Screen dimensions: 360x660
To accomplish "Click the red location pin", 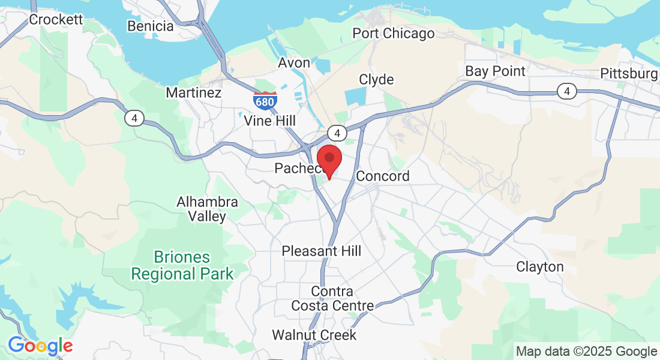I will tap(329, 159).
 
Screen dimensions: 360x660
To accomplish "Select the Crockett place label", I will tap(56, 20).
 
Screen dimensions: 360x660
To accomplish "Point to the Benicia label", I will tap(151, 26).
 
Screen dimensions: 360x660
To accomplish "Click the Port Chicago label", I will tap(393, 34).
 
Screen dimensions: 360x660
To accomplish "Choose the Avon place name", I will tap(294, 63).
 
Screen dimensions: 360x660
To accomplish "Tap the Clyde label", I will tap(376, 80).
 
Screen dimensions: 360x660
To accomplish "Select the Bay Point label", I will tap(495, 71).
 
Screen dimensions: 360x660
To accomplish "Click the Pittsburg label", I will tap(629, 74).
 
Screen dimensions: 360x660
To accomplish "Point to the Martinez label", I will tap(194, 93).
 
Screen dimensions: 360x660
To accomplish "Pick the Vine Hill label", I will tap(270, 121).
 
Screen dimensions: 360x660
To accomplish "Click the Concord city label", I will tap(383, 176).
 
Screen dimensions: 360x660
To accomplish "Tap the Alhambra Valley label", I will tap(207, 209).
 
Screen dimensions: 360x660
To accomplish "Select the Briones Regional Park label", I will tap(182, 266).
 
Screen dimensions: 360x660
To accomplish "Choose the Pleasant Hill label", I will tap(322, 251).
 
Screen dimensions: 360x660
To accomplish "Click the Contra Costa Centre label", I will tap(332, 298).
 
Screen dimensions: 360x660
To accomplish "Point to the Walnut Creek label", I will tap(314, 335).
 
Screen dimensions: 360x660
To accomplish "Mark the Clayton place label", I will tap(540, 267).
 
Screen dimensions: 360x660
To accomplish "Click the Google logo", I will tap(40, 346).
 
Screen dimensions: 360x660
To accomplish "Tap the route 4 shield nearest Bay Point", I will tap(566, 91).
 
